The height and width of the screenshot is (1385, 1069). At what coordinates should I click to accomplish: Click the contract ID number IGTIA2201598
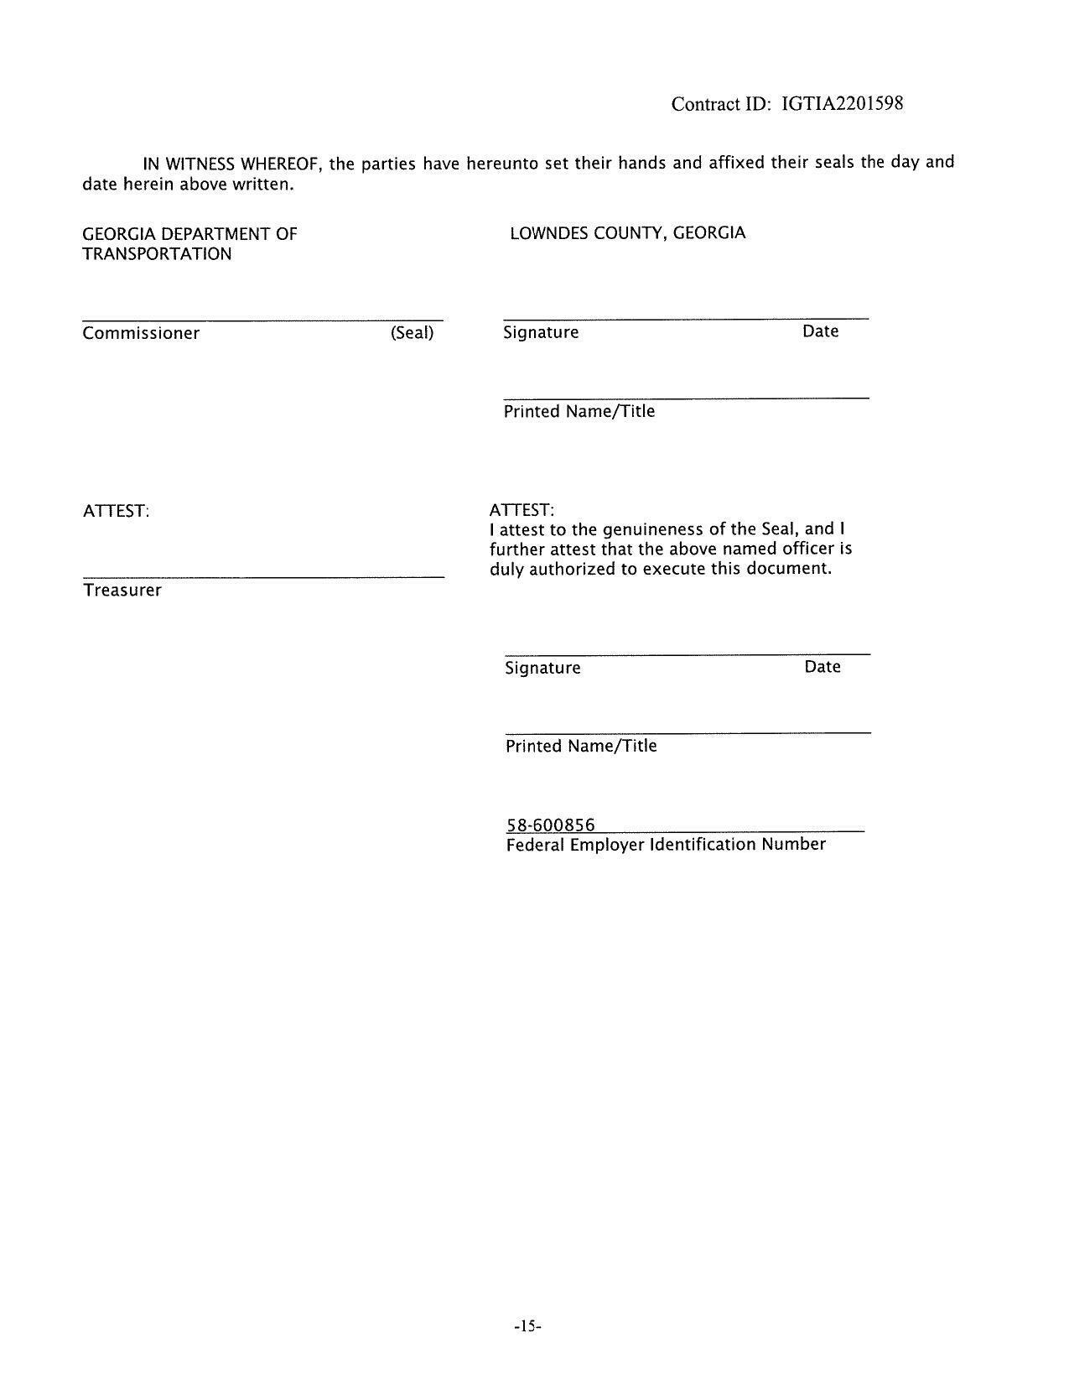point(842,104)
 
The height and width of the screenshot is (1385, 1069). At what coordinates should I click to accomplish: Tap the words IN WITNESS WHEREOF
point(233,163)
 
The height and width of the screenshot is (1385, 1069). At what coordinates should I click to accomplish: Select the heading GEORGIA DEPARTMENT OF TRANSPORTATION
point(189,243)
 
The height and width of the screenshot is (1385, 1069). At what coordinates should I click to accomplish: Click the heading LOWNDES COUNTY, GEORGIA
point(627,232)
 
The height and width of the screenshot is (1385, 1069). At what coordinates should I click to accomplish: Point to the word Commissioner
point(141,333)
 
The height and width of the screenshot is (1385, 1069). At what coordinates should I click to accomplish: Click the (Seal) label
point(412,332)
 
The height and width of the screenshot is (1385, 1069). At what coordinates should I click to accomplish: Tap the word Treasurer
point(122,590)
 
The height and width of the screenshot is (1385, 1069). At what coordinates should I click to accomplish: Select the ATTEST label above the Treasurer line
point(116,511)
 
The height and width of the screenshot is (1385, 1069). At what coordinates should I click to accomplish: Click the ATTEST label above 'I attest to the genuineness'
point(522,510)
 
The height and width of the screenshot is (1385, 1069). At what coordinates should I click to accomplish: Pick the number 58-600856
point(550,825)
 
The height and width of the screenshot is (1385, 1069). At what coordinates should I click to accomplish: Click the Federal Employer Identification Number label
point(665,844)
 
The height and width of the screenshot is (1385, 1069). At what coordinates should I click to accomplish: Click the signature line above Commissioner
point(262,320)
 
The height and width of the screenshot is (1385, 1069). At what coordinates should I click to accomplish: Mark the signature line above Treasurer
point(263,577)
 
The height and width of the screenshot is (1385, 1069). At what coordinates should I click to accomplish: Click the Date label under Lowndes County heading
point(820,331)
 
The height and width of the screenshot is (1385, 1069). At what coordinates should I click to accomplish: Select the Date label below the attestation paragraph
point(822,667)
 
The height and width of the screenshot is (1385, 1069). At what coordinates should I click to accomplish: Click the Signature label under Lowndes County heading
point(541,332)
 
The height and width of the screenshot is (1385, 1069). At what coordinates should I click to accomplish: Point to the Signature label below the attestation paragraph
point(542,668)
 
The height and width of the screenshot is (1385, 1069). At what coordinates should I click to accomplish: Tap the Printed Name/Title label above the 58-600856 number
point(580,746)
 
